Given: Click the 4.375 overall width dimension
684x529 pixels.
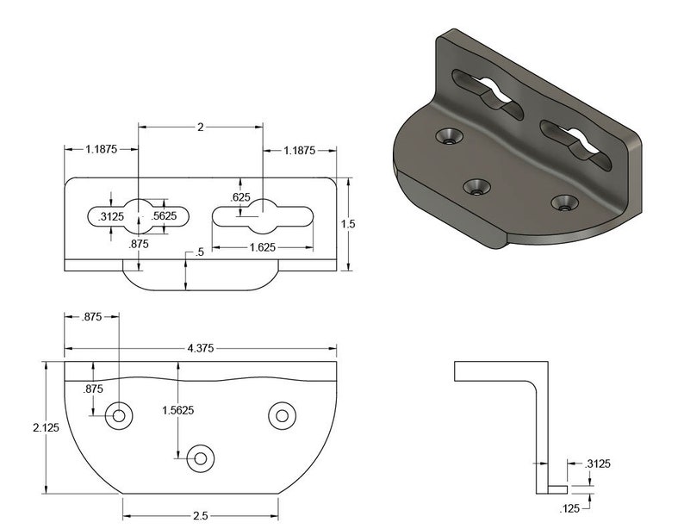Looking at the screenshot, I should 201,348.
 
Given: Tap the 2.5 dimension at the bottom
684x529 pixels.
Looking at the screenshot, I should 201,515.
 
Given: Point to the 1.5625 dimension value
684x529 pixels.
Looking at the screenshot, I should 177,410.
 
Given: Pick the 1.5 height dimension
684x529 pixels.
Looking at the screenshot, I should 348,223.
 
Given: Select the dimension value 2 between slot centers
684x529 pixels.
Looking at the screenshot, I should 200,128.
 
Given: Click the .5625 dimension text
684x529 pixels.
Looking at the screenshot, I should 164,216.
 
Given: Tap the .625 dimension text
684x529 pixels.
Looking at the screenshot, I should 240,197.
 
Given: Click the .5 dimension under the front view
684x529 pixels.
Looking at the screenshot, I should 200,252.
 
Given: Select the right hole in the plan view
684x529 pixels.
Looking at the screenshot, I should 281,415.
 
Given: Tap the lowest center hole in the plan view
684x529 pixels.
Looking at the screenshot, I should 201,457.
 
